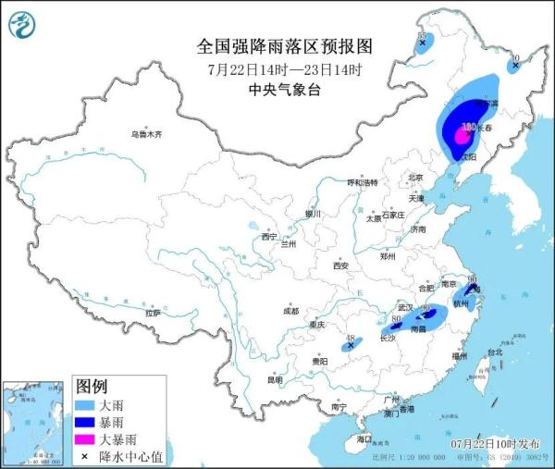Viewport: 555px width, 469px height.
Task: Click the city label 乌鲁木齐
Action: coord(145,135)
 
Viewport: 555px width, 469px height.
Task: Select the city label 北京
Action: coord(415,178)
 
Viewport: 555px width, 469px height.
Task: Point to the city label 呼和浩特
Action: coord(363,183)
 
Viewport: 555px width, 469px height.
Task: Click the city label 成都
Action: coord(291,310)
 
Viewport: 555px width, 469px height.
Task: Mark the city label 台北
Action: coord(494,352)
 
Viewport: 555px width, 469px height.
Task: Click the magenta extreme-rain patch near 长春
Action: coord(460,137)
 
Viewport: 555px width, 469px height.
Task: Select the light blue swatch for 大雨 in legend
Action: coord(85,404)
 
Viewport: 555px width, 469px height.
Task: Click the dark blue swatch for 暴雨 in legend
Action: coord(85,421)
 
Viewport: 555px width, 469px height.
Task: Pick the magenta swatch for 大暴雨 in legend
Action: coord(85,438)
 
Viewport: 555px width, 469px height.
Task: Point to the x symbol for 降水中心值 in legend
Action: coord(85,455)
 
